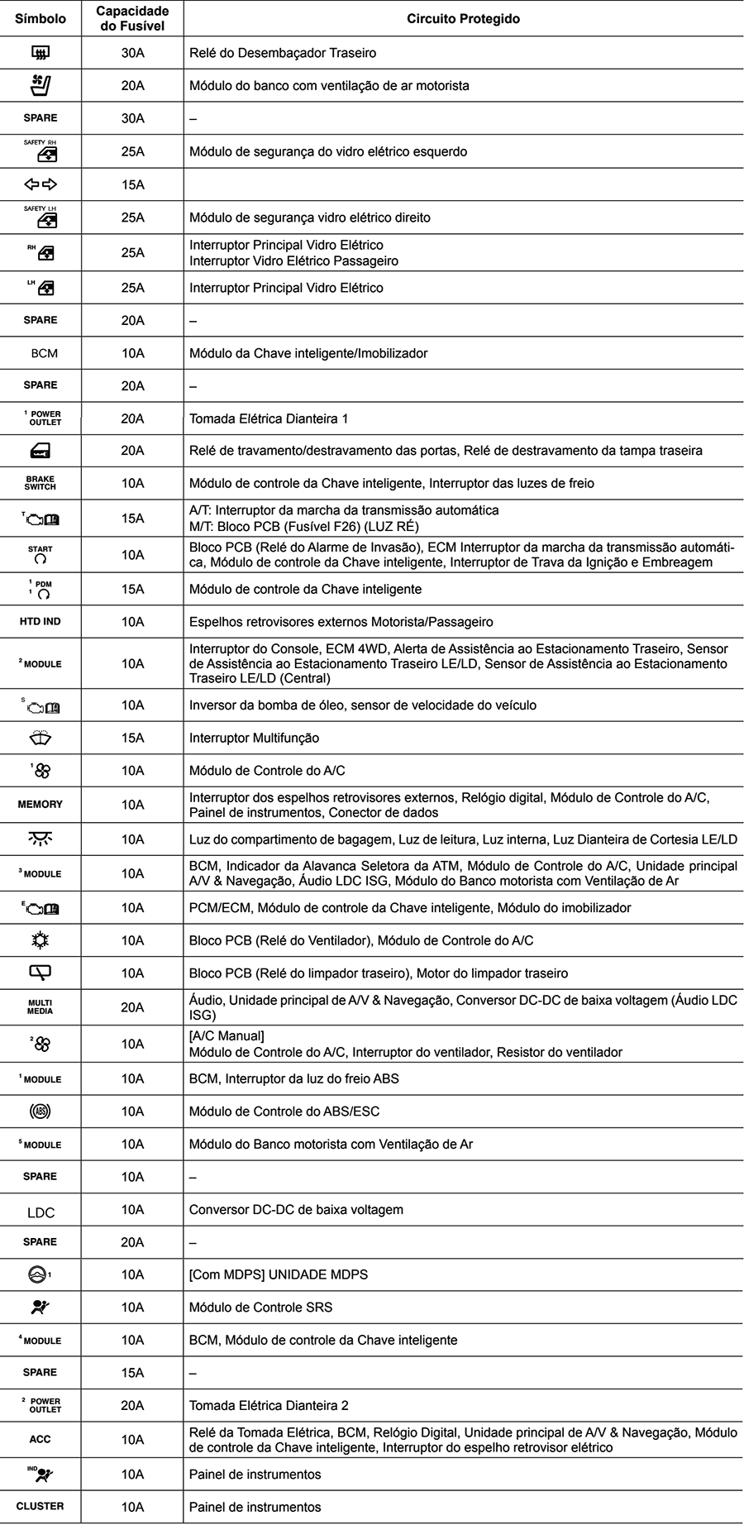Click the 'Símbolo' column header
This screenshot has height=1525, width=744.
coord(41,18)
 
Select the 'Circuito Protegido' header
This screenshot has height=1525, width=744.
coord(463,18)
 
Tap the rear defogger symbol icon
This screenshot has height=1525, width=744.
coord(41,53)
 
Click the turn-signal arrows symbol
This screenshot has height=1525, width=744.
coord(41,184)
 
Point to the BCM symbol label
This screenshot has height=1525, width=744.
coord(44,353)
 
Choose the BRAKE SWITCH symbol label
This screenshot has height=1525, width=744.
coord(41,483)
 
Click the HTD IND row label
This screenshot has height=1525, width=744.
coord(41,621)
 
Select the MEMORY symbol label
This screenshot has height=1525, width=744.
coord(41,804)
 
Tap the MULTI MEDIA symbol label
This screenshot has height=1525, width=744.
coord(41,1006)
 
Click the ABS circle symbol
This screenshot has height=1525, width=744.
coord(41,1111)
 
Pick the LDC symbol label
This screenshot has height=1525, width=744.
coord(41,1212)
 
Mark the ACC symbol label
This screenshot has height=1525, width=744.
coord(41,1439)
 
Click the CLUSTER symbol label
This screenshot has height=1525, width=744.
coord(41,1506)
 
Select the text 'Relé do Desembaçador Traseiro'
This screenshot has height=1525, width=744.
coord(283,53)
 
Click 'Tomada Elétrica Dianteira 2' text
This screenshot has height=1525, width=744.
coord(269,1405)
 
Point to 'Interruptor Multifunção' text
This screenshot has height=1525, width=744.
coord(254,738)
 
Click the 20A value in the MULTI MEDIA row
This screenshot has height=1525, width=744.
coord(132,1007)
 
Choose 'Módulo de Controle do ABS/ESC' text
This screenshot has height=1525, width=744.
coord(284,1111)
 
